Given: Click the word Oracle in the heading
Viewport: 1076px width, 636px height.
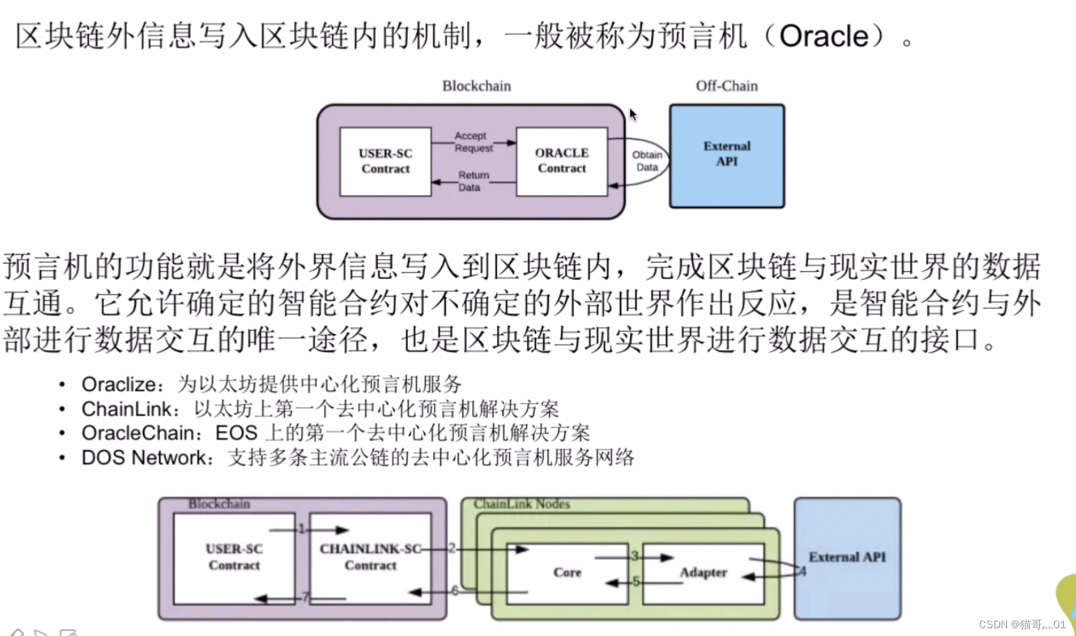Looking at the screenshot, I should click(824, 36).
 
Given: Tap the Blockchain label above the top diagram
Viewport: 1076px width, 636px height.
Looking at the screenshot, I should click(476, 86).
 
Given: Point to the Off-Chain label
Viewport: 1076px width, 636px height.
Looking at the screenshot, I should click(727, 86).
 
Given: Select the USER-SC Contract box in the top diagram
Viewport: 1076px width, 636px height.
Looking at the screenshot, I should click(385, 161).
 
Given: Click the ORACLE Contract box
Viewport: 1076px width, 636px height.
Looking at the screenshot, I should click(561, 161).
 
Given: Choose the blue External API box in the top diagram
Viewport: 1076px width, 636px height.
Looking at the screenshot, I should click(727, 155).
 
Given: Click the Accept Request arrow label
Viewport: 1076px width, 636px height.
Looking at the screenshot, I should click(473, 142).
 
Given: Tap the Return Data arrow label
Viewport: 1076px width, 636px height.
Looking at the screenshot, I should click(472, 181).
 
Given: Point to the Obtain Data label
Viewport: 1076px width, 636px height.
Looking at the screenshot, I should click(647, 161).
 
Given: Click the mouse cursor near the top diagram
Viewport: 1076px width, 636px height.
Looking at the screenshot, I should click(632, 115).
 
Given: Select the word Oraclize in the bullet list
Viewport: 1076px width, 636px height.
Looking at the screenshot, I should click(118, 384).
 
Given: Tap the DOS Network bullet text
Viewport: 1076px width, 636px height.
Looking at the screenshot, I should click(143, 458).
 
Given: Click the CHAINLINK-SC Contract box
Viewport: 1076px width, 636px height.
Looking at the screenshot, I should click(370, 557).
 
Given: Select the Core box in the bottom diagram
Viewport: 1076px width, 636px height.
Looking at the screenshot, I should click(567, 572).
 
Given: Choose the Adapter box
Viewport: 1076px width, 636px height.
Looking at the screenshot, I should click(703, 573).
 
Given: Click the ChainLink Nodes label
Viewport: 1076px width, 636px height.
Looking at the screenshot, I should click(521, 504).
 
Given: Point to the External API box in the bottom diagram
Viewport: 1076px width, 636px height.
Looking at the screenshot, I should click(847, 557).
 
